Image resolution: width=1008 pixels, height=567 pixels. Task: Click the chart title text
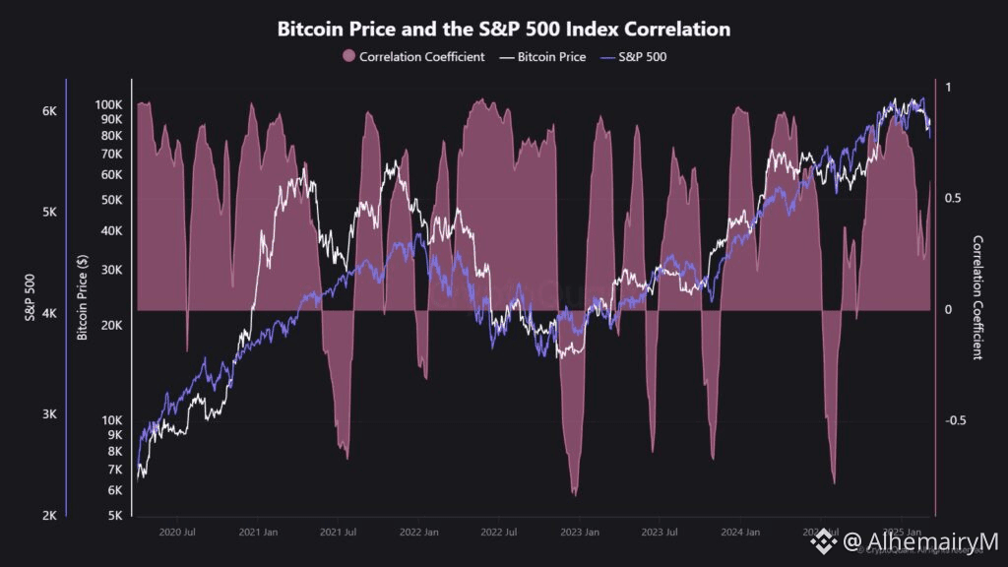pyautogui.click(x=503, y=29)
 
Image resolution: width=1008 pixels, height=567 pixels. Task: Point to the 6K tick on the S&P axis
pyautogui.click(x=49, y=111)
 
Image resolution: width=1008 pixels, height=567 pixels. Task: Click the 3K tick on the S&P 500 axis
pyautogui.click(x=49, y=413)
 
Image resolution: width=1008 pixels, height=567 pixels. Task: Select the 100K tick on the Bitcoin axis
pyautogui.click(x=108, y=104)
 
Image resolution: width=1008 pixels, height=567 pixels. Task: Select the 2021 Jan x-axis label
pyautogui.click(x=257, y=533)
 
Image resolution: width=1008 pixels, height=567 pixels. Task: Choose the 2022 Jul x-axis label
pyautogui.click(x=498, y=533)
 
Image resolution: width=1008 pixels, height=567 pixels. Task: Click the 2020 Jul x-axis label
pyautogui.click(x=176, y=533)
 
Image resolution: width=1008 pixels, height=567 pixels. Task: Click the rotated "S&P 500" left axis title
pyautogui.click(x=30, y=296)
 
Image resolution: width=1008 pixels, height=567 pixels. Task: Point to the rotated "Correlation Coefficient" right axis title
pyautogui.click(x=977, y=296)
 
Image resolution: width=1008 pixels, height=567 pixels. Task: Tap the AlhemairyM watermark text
pyautogui.click(x=920, y=541)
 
